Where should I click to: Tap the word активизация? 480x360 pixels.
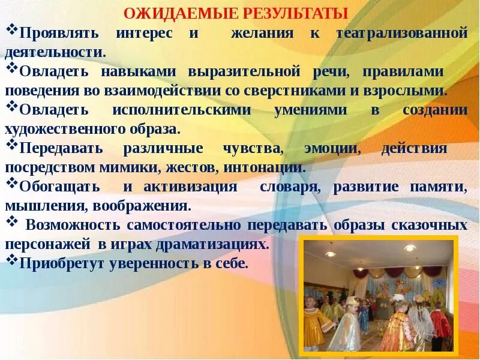(190, 186)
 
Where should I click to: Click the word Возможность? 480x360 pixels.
(73, 225)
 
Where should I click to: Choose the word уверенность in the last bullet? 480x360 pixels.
(155, 263)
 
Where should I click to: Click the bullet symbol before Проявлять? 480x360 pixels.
(12, 30)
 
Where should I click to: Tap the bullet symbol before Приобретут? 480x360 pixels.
(12, 260)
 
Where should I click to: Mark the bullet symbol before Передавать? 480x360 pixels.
(12, 145)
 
